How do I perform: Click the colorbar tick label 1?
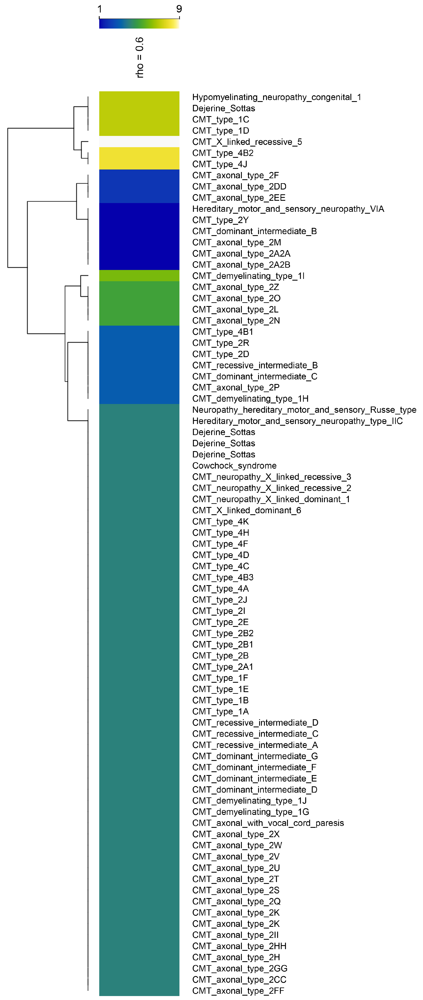pyautogui.click(x=100, y=9)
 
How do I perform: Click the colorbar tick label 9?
pyautogui.click(x=179, y=9)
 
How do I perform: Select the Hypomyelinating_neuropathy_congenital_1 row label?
pyautogui.click(x=276, y=97)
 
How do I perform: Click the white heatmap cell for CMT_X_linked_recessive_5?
pyautogui.click(x=139, y=142)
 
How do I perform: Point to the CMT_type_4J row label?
pyautogui.click(x=220, y=164)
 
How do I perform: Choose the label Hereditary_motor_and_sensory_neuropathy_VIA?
pyautogui.click(x=288, y=209)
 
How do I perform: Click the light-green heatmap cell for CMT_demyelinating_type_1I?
pyautogui.click(x=139, y=276)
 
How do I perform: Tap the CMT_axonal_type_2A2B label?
pyautogui.click(x=241, y=265)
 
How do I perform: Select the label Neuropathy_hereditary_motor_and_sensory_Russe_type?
pyautogui.click(x=304, y=410)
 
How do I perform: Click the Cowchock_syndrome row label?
pyautogui.click(x=234, y=466)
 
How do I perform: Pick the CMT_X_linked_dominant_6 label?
pyautogui.click(x=246, y=511)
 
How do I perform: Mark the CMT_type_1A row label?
pyautogui.click(x=220, y=711)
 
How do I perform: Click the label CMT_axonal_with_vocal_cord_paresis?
pyautogui.click(x=268, y=823)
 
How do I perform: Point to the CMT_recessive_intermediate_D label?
pyautogui.click(x=255, y=723)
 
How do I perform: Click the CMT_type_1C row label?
pyautogui.click(x=220, y=120)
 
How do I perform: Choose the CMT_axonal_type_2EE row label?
pyautogui.click(x=239, y=198)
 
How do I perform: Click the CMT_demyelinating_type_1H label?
pyautogui.click(x=250, y=399)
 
